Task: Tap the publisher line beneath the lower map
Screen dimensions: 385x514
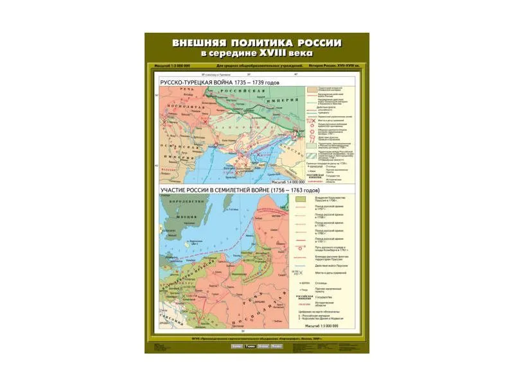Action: click(257, 338)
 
